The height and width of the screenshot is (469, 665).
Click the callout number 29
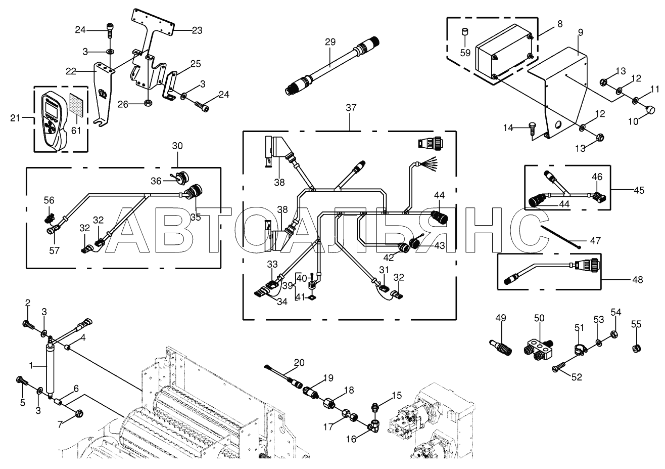pos(330,42)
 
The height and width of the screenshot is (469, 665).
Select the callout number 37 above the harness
pos(351,108)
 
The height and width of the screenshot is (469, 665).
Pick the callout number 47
pos(595,241)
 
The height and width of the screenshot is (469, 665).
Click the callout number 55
pos(636,324)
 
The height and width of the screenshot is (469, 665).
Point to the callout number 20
pos(299,362)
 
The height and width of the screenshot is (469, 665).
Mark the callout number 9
pos(580,32)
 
